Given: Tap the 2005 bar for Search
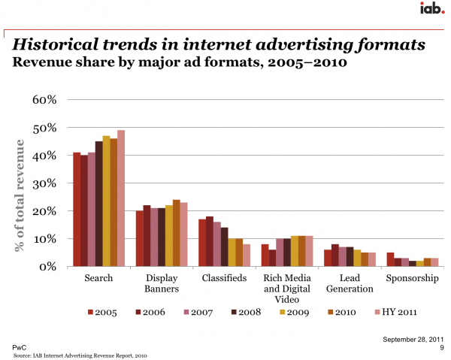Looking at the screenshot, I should [x=77, y=210].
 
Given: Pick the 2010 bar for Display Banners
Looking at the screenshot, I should [x=177, y=233].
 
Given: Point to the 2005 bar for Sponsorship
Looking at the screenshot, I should [x=390, y=259].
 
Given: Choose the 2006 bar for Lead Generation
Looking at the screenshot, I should [x=335, y=256].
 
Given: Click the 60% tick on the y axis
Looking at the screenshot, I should [x=43, y=99].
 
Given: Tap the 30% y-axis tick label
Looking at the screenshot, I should [x=43, y=183].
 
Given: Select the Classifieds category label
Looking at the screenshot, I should [x=223, y=278].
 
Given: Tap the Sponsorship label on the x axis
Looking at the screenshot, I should [x=411, y=278].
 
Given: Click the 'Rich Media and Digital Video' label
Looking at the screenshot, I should [x=286, y=289].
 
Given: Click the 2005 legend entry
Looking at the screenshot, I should [x=103, y=311].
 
